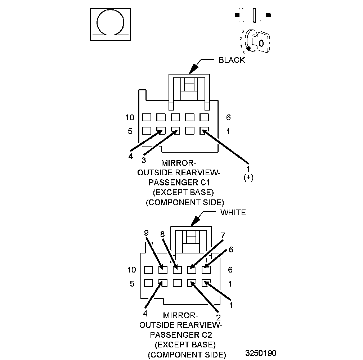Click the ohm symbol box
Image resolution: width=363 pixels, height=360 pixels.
110,24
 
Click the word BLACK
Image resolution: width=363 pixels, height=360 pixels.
232,60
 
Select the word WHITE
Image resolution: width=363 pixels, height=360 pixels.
233,212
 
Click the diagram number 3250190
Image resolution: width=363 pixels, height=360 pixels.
261,352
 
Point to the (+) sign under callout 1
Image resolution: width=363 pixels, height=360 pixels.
248,177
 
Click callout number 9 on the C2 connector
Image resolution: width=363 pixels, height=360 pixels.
146,233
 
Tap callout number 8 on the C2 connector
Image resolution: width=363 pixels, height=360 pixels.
162,234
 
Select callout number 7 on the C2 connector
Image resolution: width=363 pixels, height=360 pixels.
223,236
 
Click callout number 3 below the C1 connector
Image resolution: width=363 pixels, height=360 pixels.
143,160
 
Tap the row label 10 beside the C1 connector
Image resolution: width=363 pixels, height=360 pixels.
130,117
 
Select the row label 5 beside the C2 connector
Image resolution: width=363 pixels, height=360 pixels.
132,284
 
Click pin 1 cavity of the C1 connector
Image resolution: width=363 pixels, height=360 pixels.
204,131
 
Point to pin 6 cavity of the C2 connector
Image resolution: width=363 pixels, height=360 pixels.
206,269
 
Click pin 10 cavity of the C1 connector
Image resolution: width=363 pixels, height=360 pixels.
146,117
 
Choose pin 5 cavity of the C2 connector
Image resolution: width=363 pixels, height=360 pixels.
148,283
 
